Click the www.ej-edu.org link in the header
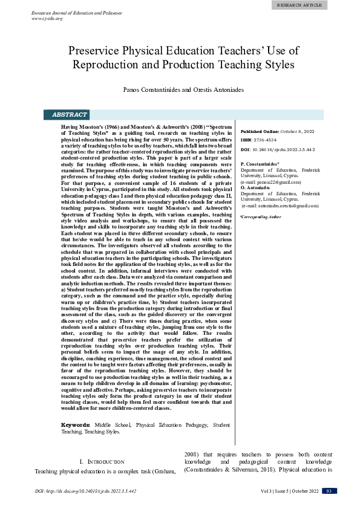tap(47, 19)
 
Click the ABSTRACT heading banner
tap(70, 114)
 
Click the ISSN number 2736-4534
tap(269, 140)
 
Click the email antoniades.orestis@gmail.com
tap(281, 206)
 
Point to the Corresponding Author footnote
tap(261, 216)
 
